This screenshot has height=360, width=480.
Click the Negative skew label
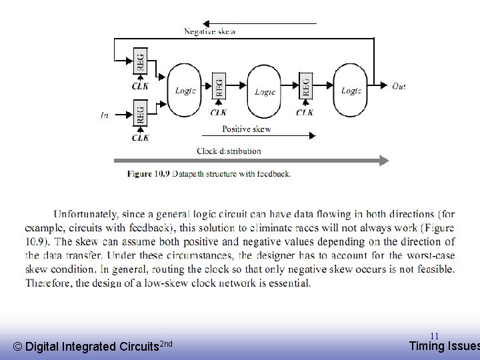[x=209, y=31]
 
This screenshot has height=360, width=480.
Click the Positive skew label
[x=246, y=129]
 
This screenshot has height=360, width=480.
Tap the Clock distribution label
[x=229, y=151]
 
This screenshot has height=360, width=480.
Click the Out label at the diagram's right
[x=399, y=86]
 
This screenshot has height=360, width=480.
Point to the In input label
[x=105, y=115]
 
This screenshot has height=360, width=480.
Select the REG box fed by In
[x=140, y=113]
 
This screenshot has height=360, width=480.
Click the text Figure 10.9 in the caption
[x=149, y=174]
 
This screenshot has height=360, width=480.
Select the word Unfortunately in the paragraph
[x=86, y=214]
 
